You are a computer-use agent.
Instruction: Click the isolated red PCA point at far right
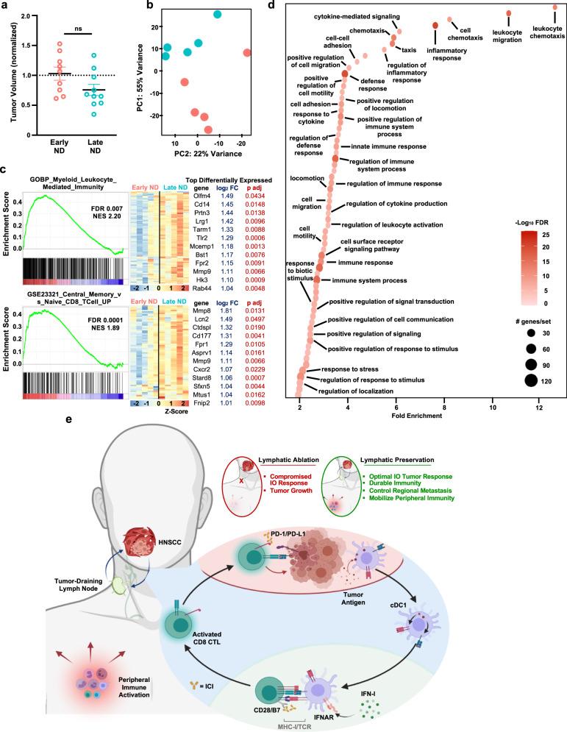tap(247, 52)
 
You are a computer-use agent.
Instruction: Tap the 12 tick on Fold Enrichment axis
tap(539, 408)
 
